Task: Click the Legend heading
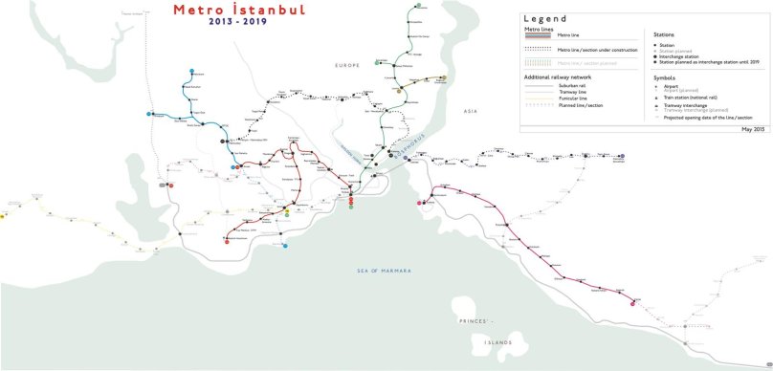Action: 545,18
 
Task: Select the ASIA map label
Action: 471,111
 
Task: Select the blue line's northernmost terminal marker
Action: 194,72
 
